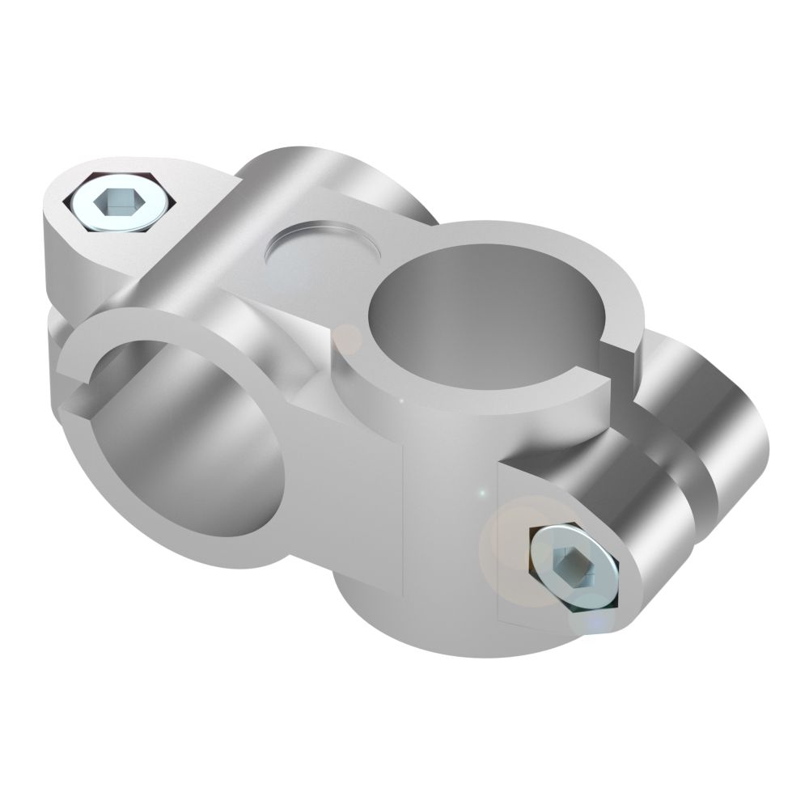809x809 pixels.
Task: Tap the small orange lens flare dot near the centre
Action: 349,338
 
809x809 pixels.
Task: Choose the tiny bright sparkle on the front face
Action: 482,493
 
